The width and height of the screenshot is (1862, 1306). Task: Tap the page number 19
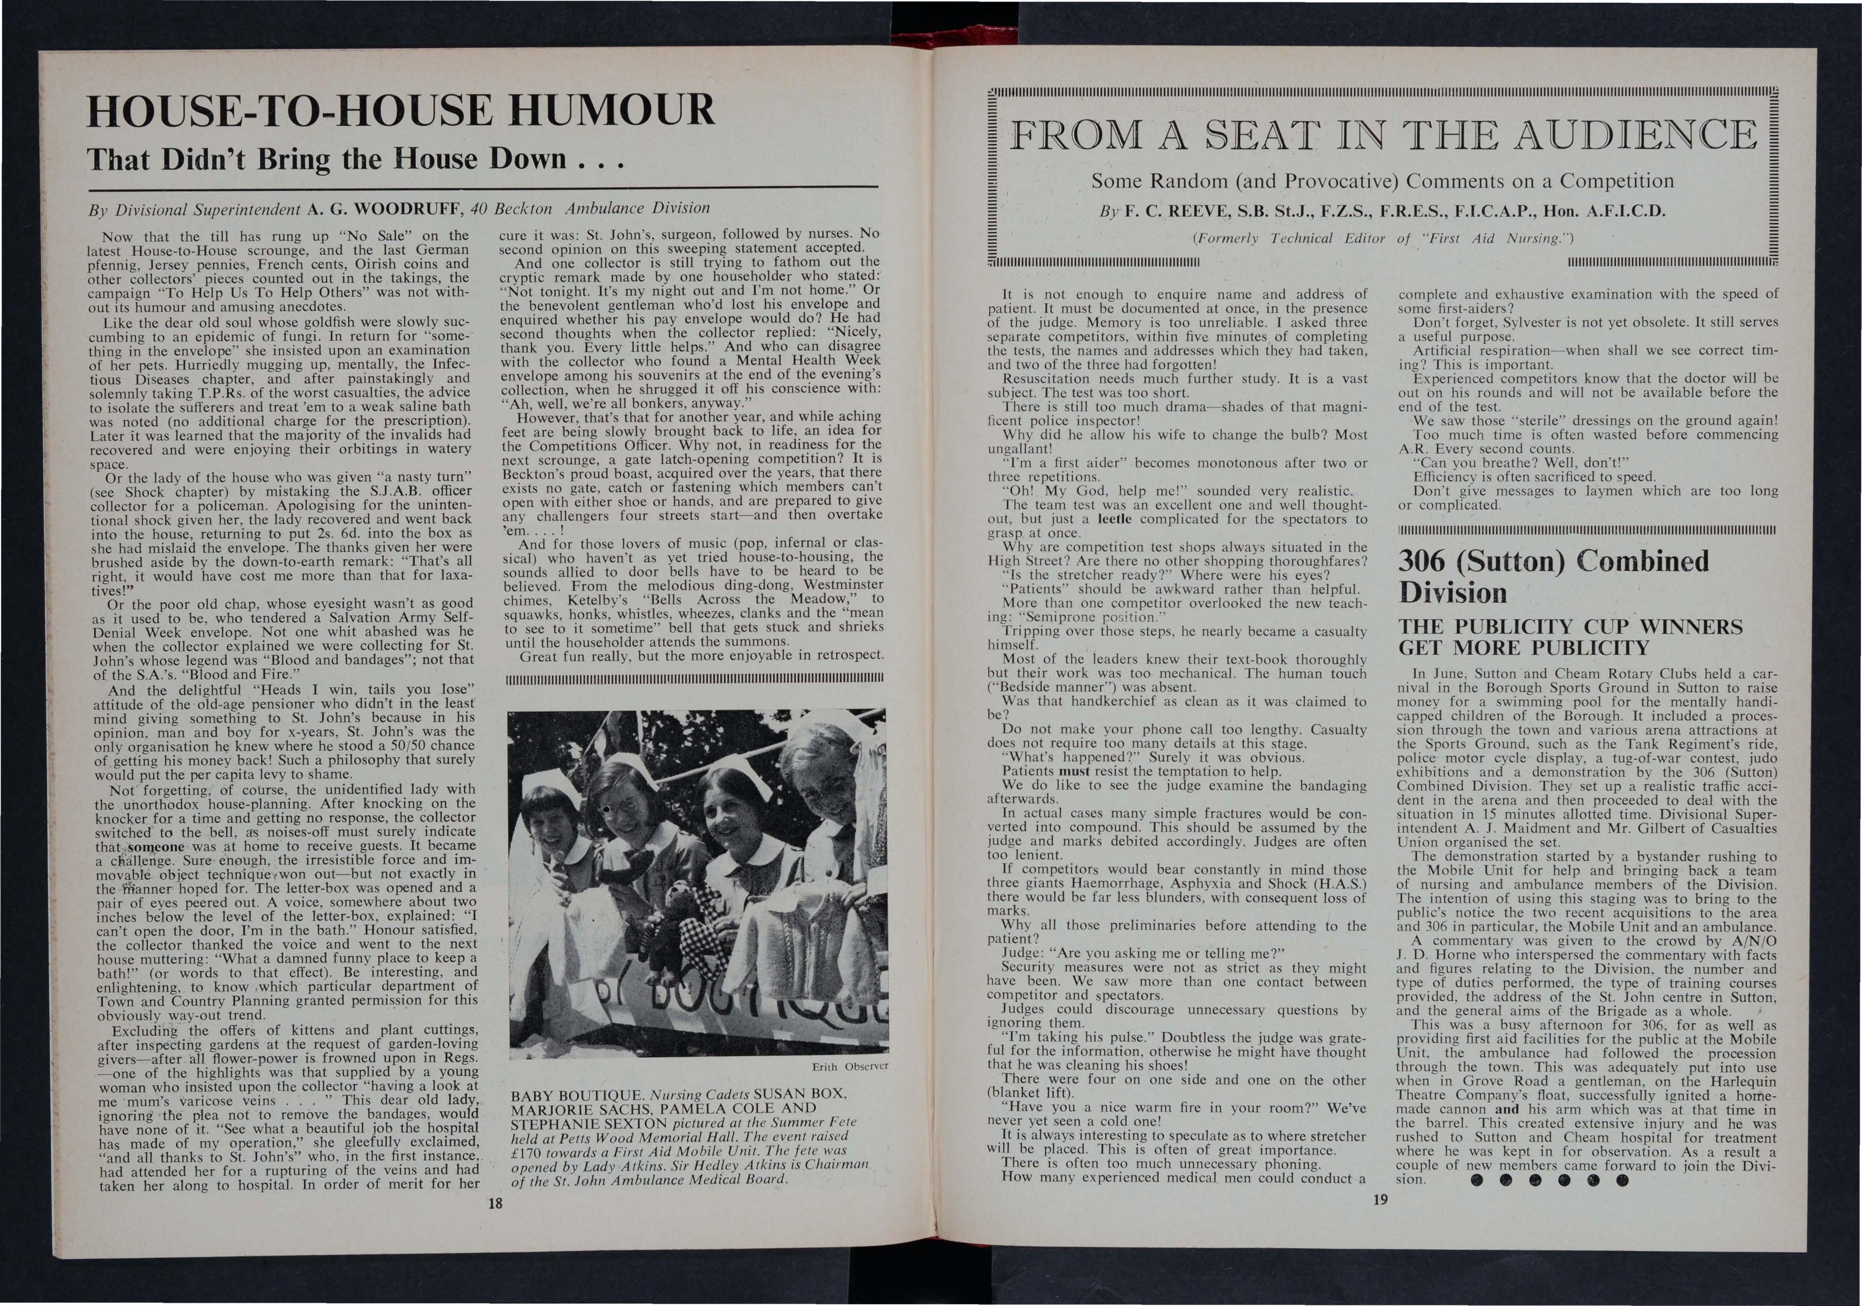(1381, 1199)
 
